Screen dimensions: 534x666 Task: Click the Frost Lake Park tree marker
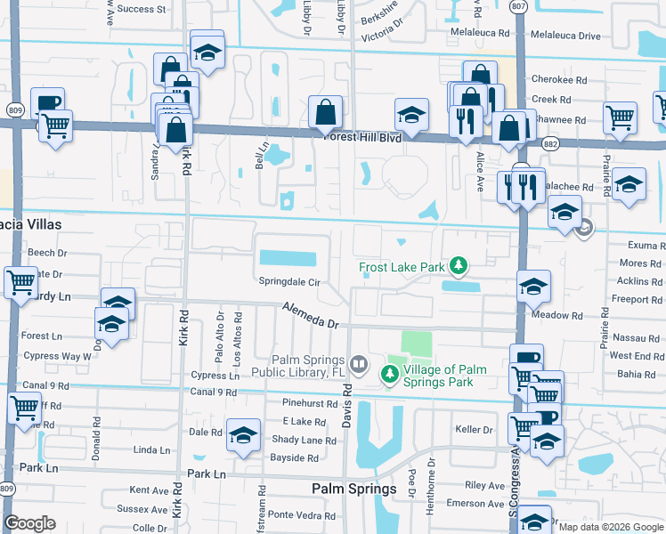pos(459,265)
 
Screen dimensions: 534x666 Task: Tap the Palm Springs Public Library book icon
pos(358,363)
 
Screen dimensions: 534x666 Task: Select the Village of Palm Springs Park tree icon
pos(390,376)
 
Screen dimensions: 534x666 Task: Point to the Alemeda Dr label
pos(312,317)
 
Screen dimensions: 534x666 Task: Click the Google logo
pos(29,523)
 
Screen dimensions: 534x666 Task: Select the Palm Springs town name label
pos(353,489)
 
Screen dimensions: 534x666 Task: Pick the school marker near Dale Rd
pos(242,434)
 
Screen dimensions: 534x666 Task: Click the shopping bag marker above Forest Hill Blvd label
pos(326,112)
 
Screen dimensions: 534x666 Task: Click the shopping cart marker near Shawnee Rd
pos(620,117)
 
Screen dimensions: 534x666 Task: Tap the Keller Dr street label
pos(474,430)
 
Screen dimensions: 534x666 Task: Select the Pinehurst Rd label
pos(307,403)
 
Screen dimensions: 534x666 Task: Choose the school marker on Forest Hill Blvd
pos(411,116)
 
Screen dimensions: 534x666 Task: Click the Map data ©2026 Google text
pos(611,527)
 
